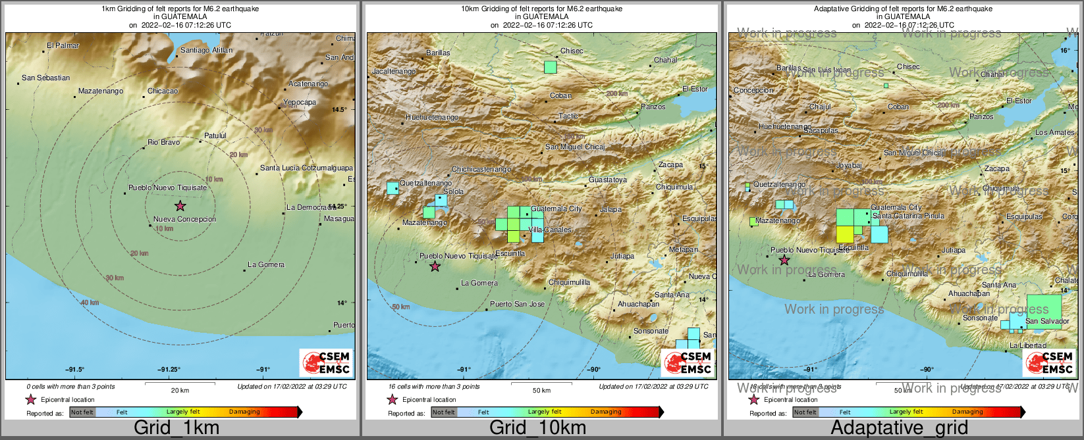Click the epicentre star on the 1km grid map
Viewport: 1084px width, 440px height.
click(x=180, y=206)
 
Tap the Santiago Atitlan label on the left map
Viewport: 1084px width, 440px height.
click(x=206, y=50)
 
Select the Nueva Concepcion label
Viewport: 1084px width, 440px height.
click(x=184, y=219)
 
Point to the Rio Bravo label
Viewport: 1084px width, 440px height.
click(x=163, y=142)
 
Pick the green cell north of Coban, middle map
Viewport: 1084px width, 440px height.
click(x=551, y=67)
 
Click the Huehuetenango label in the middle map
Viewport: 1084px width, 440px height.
click(x=432, y=117)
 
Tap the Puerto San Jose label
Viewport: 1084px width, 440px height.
click(x=517, y=304)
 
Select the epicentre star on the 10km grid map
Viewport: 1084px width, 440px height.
click(x=435, y=266)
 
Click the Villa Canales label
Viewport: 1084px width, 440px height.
click(x=550, y=230)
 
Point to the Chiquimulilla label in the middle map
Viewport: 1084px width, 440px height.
click(x=569, y=282)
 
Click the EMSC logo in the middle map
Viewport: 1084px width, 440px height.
click(x=688, y=362)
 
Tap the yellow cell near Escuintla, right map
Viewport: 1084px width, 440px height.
click(x=845, y=234)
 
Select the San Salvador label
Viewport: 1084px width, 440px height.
click(x=1047, y=321)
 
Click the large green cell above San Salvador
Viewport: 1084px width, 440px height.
click(x=1044, y=306)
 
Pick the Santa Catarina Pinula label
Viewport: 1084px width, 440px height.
click(x=908, y=216)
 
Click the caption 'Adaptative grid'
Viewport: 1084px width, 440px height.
click(x=899, y=428)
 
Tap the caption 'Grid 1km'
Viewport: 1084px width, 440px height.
click(x=176, y=428)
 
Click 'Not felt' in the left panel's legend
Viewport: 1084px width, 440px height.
click(x=82, y=412)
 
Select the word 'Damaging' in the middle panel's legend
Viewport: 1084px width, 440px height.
click(x=606, y=412)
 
